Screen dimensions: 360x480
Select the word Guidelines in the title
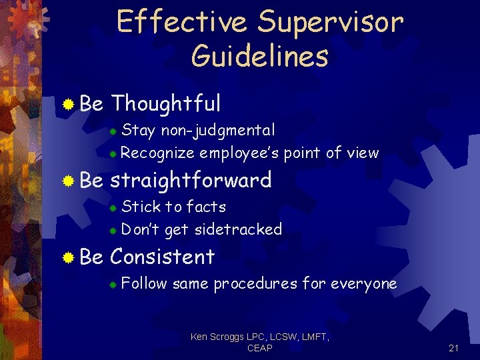pos(259,56)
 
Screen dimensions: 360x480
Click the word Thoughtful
pos(165,103)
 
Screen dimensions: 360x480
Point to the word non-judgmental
pos(217,129)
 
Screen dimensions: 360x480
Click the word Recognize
pos(158,153)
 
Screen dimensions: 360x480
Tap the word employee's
pos(239,153)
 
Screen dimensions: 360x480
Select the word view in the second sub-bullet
pos(363,153)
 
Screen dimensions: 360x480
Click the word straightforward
pos(191,180)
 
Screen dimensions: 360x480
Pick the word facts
pos(206,207)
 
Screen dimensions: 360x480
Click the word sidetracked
pos(238,229)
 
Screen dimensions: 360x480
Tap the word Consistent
pos(162,257)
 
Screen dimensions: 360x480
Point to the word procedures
pos(255,284)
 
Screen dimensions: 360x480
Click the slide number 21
pos(454,348)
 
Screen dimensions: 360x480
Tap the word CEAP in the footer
pos(259,349)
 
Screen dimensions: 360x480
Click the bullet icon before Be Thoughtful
pos(67,104)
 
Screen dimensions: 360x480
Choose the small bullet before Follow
pos(114,285)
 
